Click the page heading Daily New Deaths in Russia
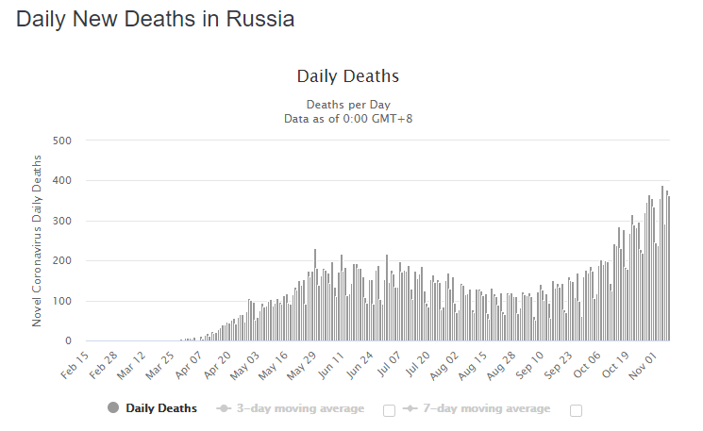[155, 19]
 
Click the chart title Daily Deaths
[348, 76]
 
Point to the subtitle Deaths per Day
[348, 105]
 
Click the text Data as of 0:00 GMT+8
[348, 119]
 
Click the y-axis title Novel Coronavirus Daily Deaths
[38, 241]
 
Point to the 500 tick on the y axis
[61, 141]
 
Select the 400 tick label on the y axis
[61, 181]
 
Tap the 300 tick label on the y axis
[61, 221]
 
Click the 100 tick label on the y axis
[61, 301]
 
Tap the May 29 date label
[300, 363]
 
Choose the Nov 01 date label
[644, 363]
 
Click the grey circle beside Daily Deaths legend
[114, 408]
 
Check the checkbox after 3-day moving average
[389, 410]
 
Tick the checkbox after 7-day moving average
[576, 410]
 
